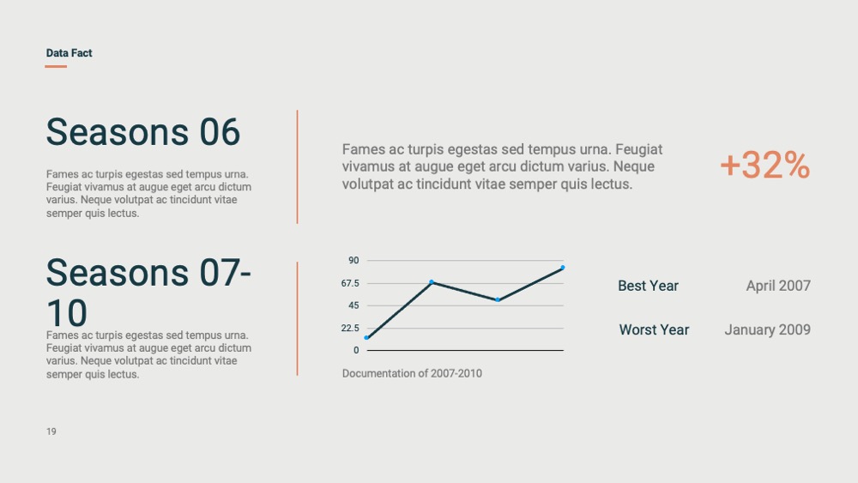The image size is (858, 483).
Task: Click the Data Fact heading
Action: coord(69,53)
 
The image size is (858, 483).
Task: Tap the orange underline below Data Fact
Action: coord(56,66)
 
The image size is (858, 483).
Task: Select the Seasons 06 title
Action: coord(142,132)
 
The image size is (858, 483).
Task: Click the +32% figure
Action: coord(764,165)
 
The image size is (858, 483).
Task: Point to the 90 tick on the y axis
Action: coord(353,260)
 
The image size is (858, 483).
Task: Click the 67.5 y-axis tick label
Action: coord(350,283)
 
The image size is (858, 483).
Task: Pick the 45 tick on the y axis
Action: coord(353,305)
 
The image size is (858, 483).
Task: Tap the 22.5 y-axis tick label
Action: coord(350,329)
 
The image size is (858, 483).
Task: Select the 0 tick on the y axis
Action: coord(356,350)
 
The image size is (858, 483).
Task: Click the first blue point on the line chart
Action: coord(366,337)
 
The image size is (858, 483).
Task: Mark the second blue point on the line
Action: coord(432,282)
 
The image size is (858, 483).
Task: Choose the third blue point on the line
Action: coord(498,299)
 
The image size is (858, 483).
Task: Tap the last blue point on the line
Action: coord(563,268)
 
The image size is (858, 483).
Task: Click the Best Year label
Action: coord(648,286)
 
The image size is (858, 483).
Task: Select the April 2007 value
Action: coord(778,286)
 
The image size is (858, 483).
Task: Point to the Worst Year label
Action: coord(654,329)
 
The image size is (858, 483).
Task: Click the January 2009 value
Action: coord(767,329)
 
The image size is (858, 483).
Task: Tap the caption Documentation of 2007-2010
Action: coord(412,373)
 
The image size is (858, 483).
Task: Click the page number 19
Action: coord(51,432)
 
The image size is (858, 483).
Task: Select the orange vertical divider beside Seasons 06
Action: coord(297,166)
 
